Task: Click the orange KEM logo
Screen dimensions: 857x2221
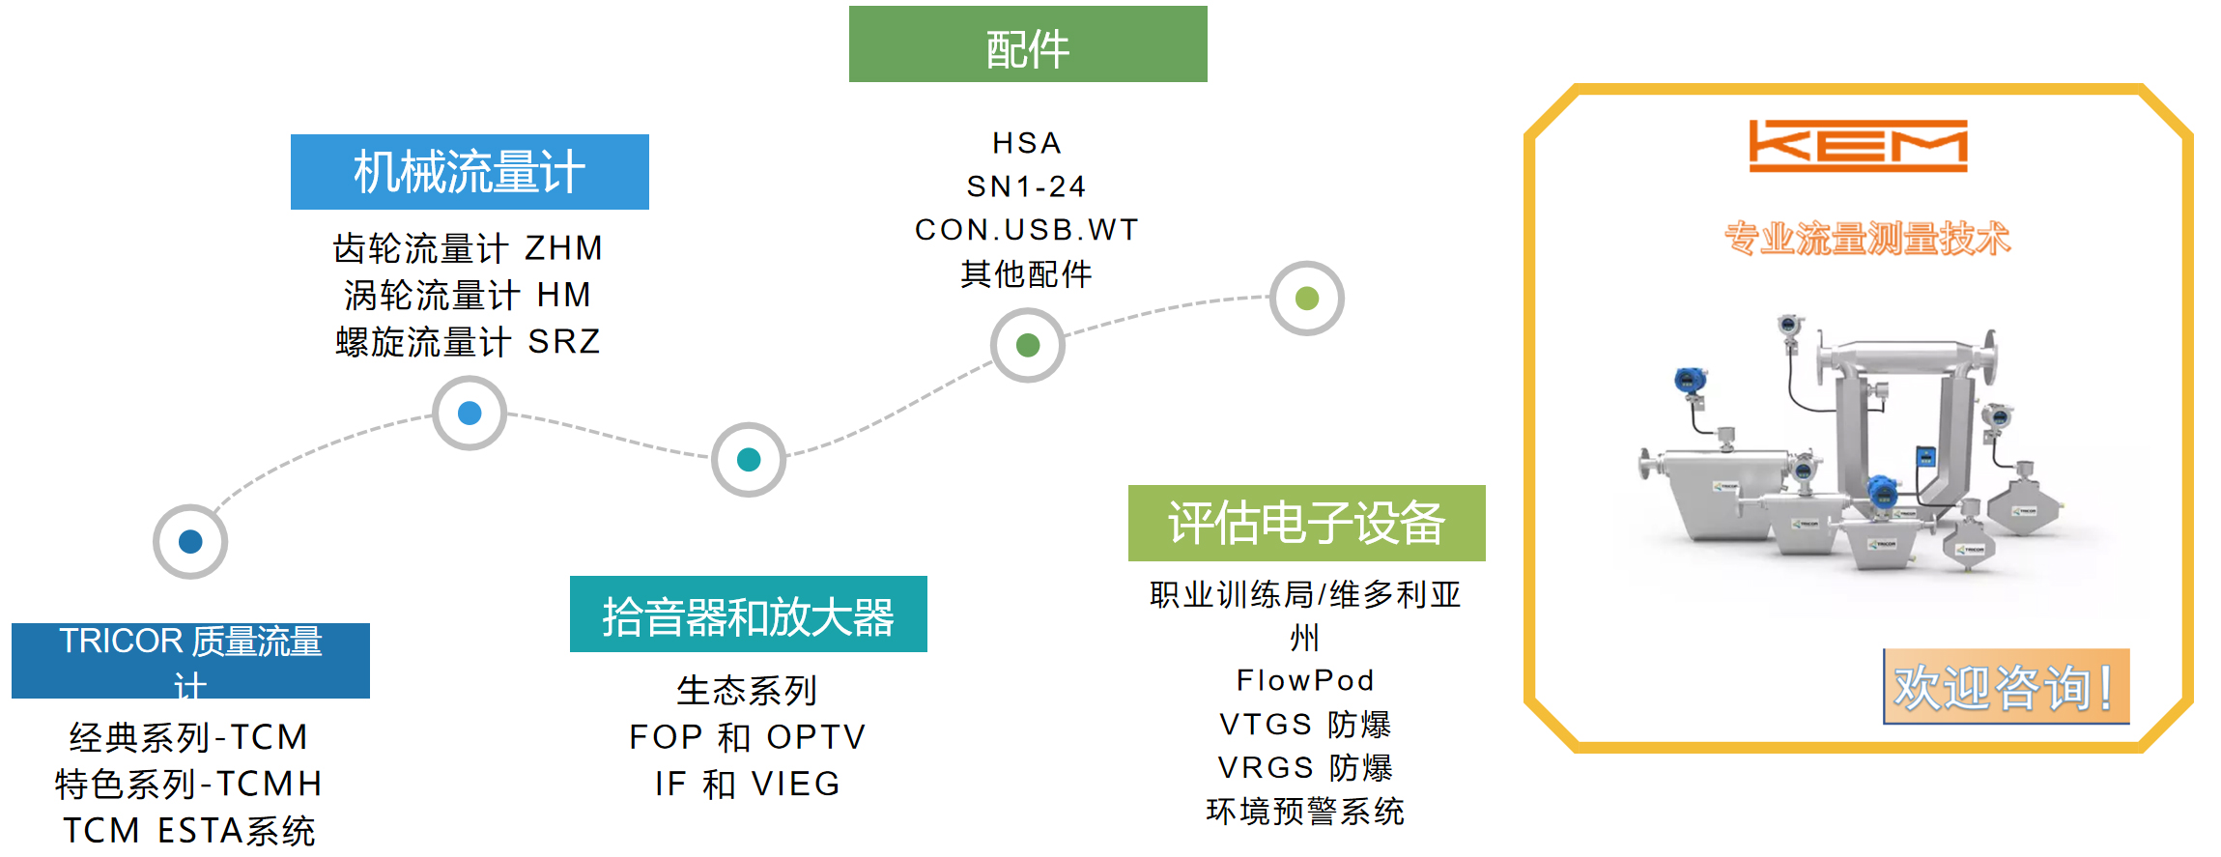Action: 1857,145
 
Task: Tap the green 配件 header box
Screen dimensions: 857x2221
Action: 1027,45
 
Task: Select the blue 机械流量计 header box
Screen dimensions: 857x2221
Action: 470,172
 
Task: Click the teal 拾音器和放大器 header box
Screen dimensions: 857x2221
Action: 748,614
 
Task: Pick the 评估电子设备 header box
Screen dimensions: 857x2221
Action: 1306,523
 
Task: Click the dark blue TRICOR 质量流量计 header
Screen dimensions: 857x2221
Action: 190,660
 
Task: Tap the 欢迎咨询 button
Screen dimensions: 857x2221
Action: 2006,687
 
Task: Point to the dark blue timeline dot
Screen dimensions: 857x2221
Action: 190,542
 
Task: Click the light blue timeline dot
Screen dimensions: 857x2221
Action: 470,414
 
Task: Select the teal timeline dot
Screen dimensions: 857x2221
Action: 749,460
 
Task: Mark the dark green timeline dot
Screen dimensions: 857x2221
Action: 1028,345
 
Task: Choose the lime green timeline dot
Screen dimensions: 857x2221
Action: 1307,299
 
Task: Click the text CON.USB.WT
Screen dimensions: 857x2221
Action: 1027,230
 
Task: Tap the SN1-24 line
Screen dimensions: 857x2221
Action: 1027,186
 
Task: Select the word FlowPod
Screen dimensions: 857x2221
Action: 1305,680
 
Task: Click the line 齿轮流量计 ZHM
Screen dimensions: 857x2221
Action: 469,248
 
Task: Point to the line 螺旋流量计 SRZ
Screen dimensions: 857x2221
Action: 469,342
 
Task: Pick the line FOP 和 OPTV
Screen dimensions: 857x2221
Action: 748,737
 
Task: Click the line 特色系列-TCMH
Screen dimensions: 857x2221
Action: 189,784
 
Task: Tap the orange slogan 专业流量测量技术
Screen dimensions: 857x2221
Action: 1866,238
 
